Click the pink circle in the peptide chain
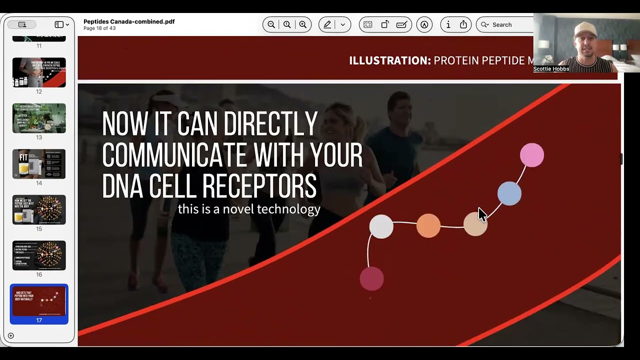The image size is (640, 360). pyautogui.click(x=531, y=155)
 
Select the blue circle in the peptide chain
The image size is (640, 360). pyautogui.click(x=509, y=193)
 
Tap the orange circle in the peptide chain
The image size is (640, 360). pyautogui.click(x=428, y=225)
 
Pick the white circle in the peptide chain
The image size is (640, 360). pyautogui.click(x=381, y=226)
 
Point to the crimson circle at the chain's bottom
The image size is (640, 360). pyautogui.click(x=371, y=278)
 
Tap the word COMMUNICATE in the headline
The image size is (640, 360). pyautogui.click(x=174, y=155)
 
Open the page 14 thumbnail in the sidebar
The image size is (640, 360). pyautogui.click(x=39, y=164)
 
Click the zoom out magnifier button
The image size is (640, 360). pyautogui.click(x=271, y=24)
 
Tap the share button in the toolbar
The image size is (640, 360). pyautogui.click(x=463, y=24)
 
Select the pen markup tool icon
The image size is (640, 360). pyautogui.click(x=327, y=24)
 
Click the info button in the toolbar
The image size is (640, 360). pyautogui.click(x=448, y=24)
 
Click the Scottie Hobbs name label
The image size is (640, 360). pyautogui.click(x=551, y=69)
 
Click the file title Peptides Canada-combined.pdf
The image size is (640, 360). pyautogui.click(x=129, y=21)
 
